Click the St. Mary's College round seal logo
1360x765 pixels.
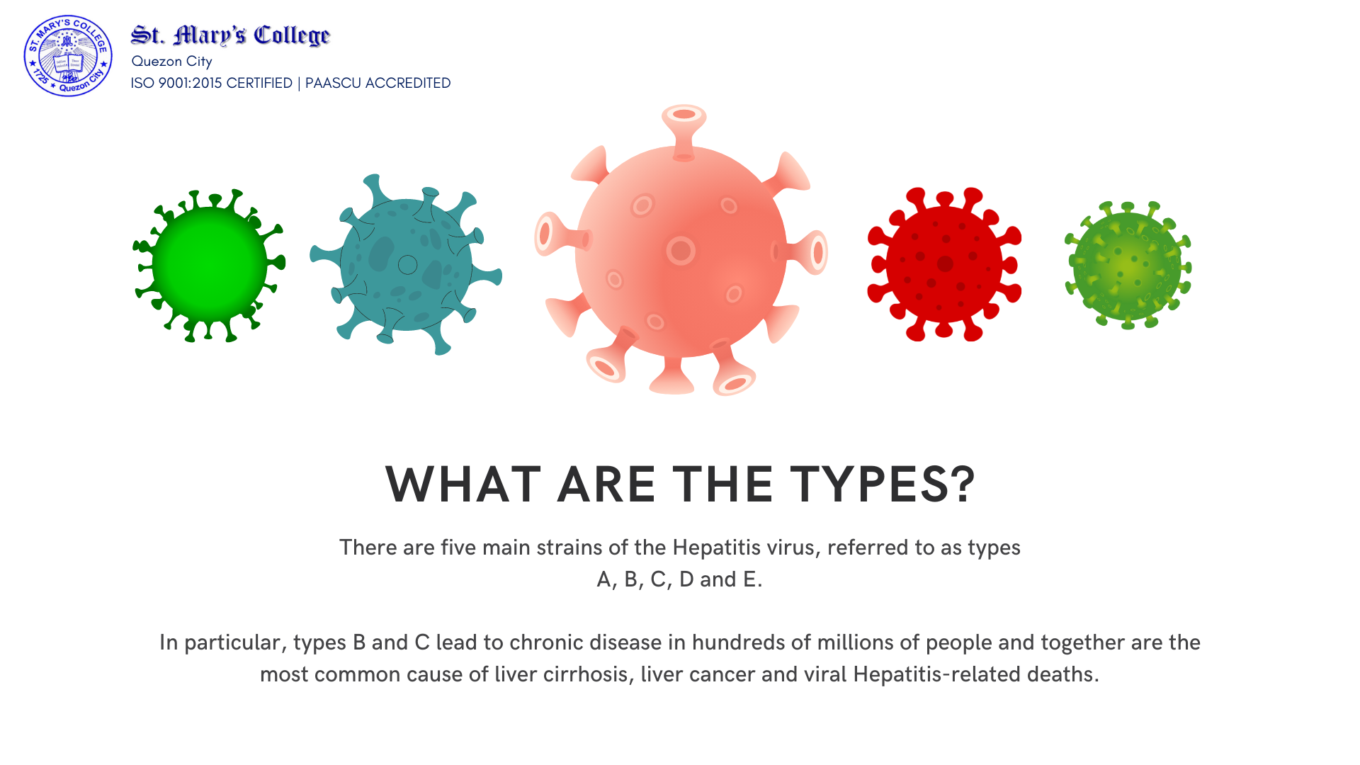pos(68,56)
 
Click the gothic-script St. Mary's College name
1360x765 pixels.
pos(230,35)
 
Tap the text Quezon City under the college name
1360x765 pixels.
pos(171,62)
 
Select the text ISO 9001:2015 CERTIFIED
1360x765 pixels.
pos(212,83)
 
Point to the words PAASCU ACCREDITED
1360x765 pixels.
pos(378,83)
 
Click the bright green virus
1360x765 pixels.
pos(209,266)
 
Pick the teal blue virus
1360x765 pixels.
pos(406,264)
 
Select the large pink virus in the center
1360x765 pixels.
pos(681,251)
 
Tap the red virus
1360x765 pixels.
pos(944,264)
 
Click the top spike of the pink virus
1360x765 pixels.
pos(684,131)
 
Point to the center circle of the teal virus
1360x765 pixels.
pos(407,265)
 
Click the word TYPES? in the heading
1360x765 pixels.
pos(883,484)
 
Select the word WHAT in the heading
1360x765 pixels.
pos(463,484)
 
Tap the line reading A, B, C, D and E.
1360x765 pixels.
pos(679,579)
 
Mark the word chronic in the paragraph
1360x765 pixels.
pos(546,642)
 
